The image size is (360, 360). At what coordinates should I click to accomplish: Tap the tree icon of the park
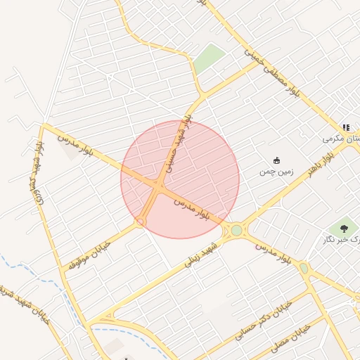coord(344,227)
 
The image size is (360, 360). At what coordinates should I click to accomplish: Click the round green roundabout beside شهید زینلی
coord(237,230)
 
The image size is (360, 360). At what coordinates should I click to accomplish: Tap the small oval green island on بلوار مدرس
coord(304,267)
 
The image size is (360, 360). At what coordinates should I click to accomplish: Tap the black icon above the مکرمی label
coord(346,127)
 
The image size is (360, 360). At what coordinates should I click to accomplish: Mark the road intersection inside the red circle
coord(157,186)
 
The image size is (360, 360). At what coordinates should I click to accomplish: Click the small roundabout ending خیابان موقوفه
coord(141,221)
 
